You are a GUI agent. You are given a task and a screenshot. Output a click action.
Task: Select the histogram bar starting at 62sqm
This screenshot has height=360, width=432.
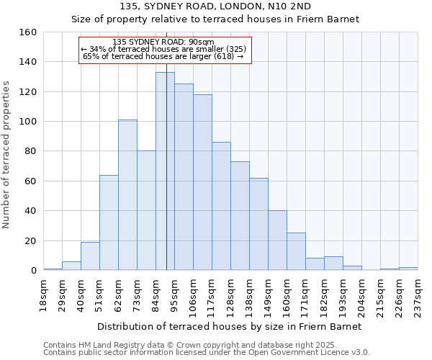coord(127,195)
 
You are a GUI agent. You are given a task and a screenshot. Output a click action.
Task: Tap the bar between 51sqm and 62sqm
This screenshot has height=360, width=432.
coord(109,222)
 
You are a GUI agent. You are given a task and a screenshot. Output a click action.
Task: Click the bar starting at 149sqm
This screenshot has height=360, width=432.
coord(277,240)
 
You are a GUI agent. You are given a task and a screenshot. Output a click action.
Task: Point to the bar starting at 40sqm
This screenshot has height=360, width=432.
coord(90,256)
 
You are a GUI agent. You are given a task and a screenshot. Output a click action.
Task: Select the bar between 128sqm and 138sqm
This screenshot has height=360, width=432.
coord(240,216)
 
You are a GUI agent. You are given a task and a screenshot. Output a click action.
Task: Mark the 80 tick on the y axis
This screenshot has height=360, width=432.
coord(31,151)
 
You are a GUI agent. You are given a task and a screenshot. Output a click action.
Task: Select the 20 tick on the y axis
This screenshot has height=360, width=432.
coord(31,240)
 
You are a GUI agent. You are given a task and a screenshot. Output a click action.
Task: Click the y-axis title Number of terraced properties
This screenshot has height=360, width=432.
coord(6,151)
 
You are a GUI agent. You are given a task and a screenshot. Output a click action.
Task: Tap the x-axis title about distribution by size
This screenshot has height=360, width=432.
coord(228,326)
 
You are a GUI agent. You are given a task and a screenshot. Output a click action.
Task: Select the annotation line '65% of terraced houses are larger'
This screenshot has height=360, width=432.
coord(163,56)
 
